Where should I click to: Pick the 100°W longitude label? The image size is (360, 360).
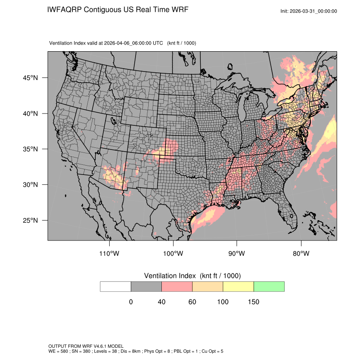pos(173,254)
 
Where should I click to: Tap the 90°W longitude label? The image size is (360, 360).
pos(237,254)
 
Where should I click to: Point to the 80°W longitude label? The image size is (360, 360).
pos(301,254)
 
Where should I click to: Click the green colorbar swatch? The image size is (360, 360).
pos(269,286)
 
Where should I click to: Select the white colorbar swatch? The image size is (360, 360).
pos(116,286)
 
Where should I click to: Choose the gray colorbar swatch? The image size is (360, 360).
pos(146,286)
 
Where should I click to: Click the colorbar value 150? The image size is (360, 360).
pos(253,302)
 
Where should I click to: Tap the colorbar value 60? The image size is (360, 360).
pos(192,302)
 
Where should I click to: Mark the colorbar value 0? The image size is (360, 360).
pos(131,302)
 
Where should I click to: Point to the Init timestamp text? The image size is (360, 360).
pos(309,11)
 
